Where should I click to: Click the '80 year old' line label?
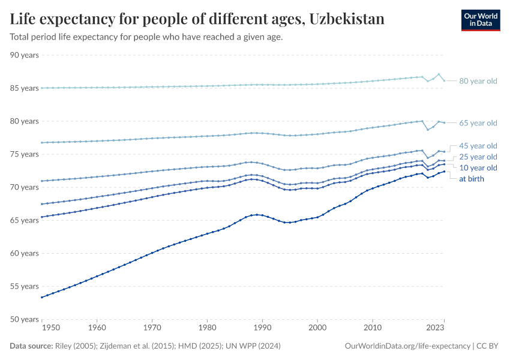[x=478, y=81]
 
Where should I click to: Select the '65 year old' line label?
[x=478, y=123]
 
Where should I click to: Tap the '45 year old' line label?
[x=478, y=146]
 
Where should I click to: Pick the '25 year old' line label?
[x=478, y=157]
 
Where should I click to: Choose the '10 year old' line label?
[x=478, y=167]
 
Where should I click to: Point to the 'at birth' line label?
[x=471, y=178]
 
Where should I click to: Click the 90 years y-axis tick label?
[x=25, y=55]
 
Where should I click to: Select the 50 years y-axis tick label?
[x=25, y=319]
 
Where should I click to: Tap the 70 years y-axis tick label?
[x=25, y=187]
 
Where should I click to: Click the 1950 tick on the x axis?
[x=51, y=328]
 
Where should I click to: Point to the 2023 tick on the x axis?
[x=436, y=328]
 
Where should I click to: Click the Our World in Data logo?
[x=480, y=20]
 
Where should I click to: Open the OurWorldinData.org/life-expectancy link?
[x=408, y=346]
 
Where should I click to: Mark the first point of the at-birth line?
[x=41, y=297]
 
